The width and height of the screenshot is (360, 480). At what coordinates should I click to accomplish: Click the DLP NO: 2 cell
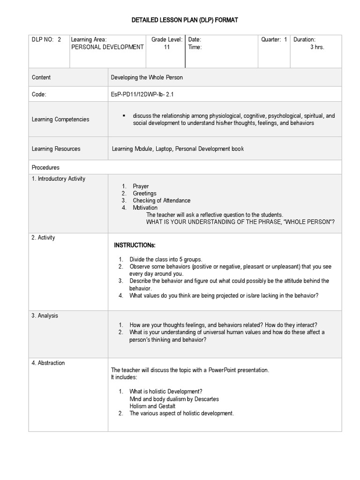(46, 40)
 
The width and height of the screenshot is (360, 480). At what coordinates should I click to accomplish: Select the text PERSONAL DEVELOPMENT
(107, 47)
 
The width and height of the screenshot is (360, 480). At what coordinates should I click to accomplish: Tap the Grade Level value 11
(167, 47)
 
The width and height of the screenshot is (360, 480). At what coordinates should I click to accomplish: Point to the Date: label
(195, 40)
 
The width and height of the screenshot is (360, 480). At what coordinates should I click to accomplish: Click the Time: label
(195, 47)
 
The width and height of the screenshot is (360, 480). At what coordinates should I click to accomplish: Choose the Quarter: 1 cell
(274, 40)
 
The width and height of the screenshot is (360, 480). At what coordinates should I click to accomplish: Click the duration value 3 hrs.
(317, 47)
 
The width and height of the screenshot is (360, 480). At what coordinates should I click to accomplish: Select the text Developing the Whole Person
(147, 77)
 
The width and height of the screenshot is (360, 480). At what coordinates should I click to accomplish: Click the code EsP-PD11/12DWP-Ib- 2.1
(142, 95)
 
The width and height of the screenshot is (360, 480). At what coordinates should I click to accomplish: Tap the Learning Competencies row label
(60, 120)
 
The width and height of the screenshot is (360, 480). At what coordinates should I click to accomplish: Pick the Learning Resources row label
(56, 149)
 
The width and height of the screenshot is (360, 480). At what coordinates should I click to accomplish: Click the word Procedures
(45, 167)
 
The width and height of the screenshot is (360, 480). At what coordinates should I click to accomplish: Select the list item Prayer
(141, 187)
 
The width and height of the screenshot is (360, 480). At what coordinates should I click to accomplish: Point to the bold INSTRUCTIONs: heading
(135, 246)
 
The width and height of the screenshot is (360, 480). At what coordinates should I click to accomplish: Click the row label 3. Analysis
(45, 316)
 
